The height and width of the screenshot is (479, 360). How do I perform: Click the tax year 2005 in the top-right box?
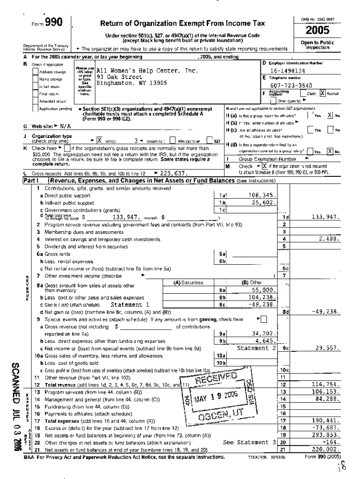click(x=317, y=30)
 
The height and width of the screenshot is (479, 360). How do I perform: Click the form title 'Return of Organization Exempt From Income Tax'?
click(x=186, y=24)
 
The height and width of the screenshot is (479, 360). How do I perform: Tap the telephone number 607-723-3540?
click(x=288, y=86)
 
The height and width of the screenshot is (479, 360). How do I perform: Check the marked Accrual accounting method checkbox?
click(x=323, y=94)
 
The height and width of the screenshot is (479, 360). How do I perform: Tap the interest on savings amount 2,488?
click(x=329, y=239)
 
